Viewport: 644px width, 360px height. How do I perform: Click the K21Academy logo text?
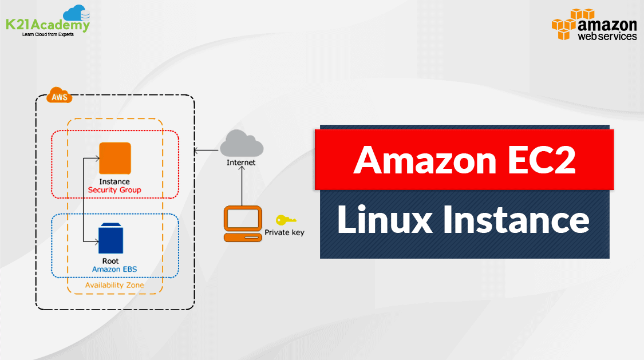click(x=48, y=26)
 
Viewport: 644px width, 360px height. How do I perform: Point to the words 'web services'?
click(x=607, y=36)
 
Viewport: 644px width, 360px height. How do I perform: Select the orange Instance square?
click(x=114, y=158)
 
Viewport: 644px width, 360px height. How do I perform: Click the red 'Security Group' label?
click(x=114, y=189)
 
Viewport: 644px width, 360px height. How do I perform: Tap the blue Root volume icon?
click(x=110, y=238)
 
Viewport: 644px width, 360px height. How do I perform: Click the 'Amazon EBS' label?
click(x=114, y=268)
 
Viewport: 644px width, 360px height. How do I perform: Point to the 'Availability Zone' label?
click(x=114, y=285)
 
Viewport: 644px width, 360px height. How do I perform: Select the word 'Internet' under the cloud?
click(x=241, y=163)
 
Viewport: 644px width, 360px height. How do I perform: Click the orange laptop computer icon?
click(x=242, y=225)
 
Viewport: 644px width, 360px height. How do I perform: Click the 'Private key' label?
click(x=284, y=233)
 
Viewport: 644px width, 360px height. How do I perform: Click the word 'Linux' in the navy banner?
click(x=384, y=220)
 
